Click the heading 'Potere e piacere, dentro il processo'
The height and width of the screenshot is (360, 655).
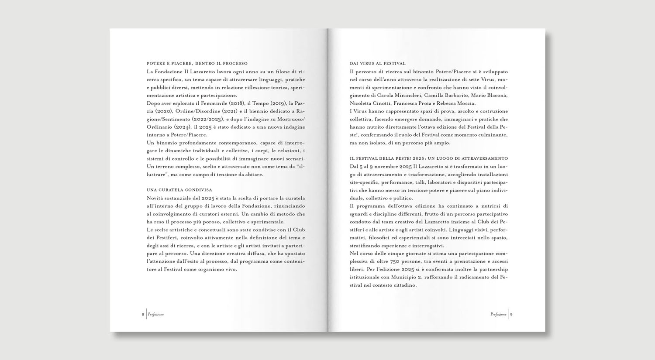(x=197, y=63)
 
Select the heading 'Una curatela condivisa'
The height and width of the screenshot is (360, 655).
(x=179, y=190)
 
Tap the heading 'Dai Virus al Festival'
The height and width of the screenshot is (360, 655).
(x=378, y=63)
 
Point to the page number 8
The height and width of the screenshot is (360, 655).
(x=143, y=314)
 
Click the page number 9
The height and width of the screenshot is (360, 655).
(x=511, y=314)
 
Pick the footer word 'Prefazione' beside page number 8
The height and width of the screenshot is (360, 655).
(x=156, y=314)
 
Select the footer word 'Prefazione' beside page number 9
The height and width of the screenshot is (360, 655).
(x=498, y=314)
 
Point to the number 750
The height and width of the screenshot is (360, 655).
(x=395, y=261)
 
